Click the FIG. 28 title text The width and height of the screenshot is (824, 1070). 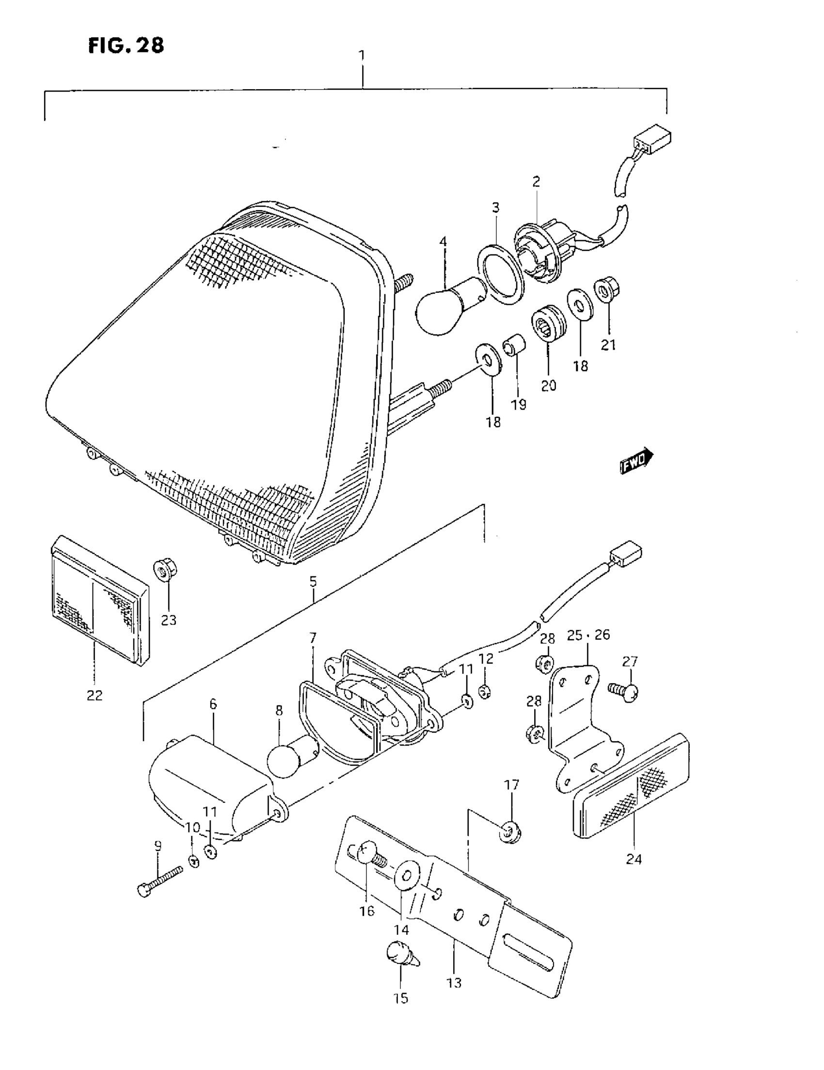126,46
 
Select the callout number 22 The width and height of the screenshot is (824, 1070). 95,695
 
